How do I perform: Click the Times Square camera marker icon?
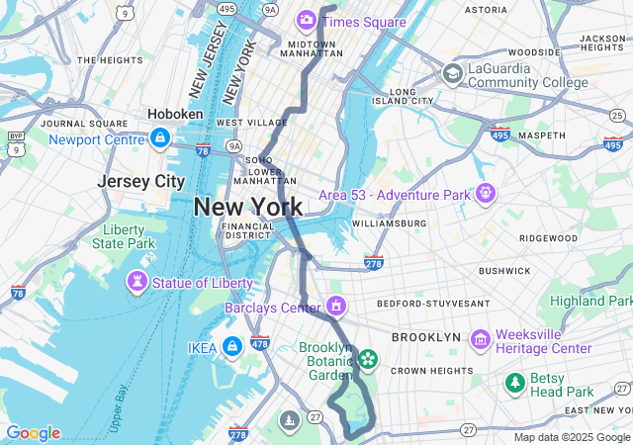[307, 20]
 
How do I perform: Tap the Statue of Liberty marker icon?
[137, 284]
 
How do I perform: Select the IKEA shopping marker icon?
[232, 347]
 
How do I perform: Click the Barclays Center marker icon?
[337, 306]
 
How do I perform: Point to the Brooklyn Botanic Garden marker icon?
[367, 359]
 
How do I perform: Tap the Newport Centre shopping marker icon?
[158, 139]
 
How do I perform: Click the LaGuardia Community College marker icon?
[453, 73]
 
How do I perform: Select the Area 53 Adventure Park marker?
[485, 194]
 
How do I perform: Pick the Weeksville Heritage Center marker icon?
[481, 340]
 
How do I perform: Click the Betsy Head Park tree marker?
[515, 383]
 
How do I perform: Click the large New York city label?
[248, 207]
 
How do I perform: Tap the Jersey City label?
[140, 182]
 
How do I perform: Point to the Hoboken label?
[175, 115]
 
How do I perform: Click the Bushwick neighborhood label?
[504, 270]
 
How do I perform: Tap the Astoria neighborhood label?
[486, 10]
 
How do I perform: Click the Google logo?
[33, 433]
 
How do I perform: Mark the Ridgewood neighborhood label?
[548, 238]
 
